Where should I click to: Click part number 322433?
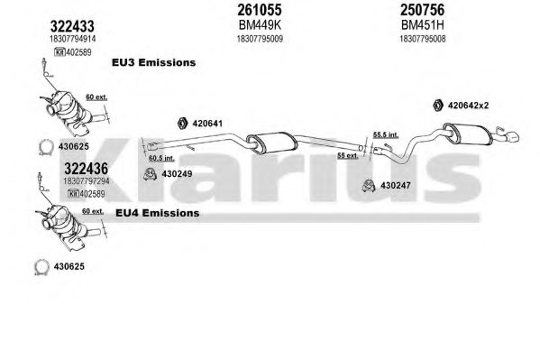pos(72,26)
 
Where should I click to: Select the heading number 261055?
pos(260,10)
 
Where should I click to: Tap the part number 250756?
pos(422,10)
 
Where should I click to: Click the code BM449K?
pos(260,25)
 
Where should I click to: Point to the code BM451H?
pos(422,25)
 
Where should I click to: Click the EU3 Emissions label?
pos(153,62)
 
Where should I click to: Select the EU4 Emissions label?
pos(158,213)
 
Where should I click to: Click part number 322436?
pos(87,169)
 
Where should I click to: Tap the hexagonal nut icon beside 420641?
pos(182,123)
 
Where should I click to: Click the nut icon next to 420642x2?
pos(438,105)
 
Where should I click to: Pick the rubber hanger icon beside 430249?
pos(151,174)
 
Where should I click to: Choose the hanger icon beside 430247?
pos(369,186)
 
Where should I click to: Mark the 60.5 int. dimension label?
pos(161,158)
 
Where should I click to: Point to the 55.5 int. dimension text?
pos(386,134)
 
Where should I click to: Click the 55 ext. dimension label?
pos(348,156)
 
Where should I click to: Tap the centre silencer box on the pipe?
pos(272,143)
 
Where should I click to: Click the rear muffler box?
pos(468,134)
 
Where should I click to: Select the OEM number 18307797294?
pos(87,180)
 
